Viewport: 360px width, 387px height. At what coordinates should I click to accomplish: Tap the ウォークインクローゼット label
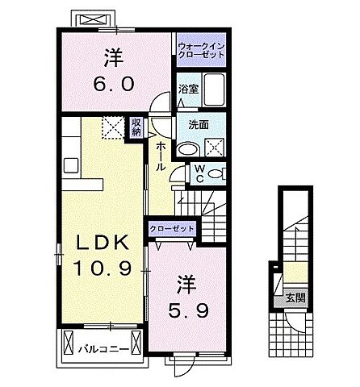[200, 51]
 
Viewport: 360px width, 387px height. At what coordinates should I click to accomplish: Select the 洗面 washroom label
[199, 126]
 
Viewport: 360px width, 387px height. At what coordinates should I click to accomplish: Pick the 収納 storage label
[136, 126]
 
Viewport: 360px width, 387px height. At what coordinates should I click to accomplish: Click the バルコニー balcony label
[100, 350]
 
